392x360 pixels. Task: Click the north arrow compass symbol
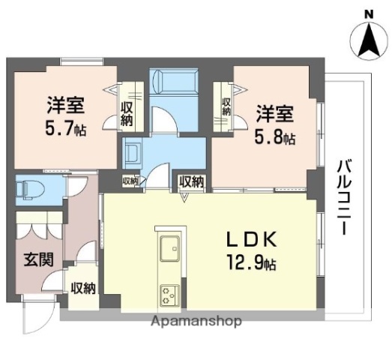(368, 41)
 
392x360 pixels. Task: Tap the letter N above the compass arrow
(368, 13)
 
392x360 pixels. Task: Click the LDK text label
(253, 239)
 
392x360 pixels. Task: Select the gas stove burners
(166, 294)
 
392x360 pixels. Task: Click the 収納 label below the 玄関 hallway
(83, 287)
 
